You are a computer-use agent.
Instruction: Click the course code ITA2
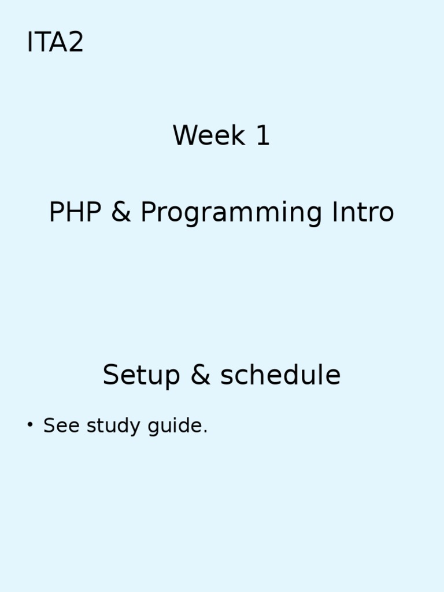(x=55, y=43)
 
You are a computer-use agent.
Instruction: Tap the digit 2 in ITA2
(x=76, y=43)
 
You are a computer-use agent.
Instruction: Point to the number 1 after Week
(x=262, y=136)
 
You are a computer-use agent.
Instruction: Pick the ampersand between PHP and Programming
(x=120, y=213)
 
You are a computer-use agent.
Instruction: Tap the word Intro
(x=362, y=213)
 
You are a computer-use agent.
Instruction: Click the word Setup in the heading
(x=142, y=376)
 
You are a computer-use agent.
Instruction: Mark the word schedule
(x=280, y=376)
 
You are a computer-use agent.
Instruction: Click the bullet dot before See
(x=30, y=426)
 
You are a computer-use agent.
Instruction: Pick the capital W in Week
(x=184, y=136)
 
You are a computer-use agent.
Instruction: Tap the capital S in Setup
(x=111, y=376)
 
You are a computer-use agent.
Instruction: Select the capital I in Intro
(x=335, y=213)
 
